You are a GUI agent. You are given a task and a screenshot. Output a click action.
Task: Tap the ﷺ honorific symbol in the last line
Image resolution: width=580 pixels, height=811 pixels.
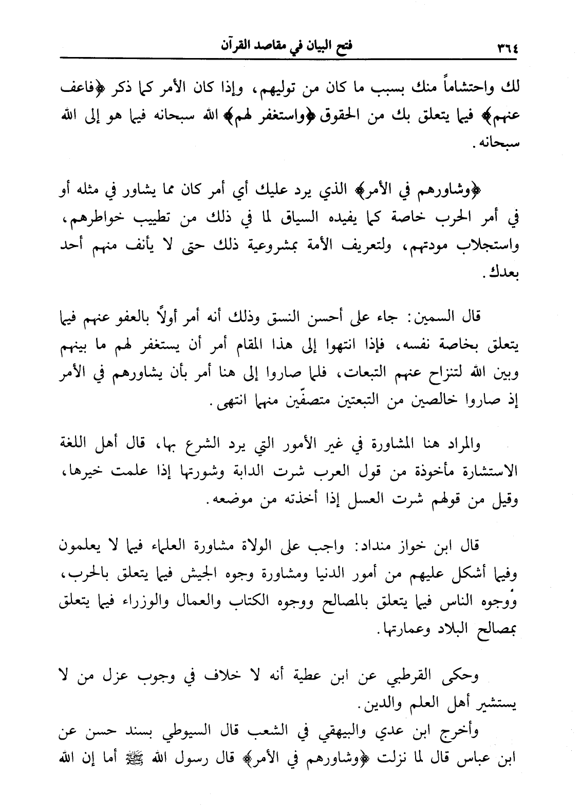point(126,760)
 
